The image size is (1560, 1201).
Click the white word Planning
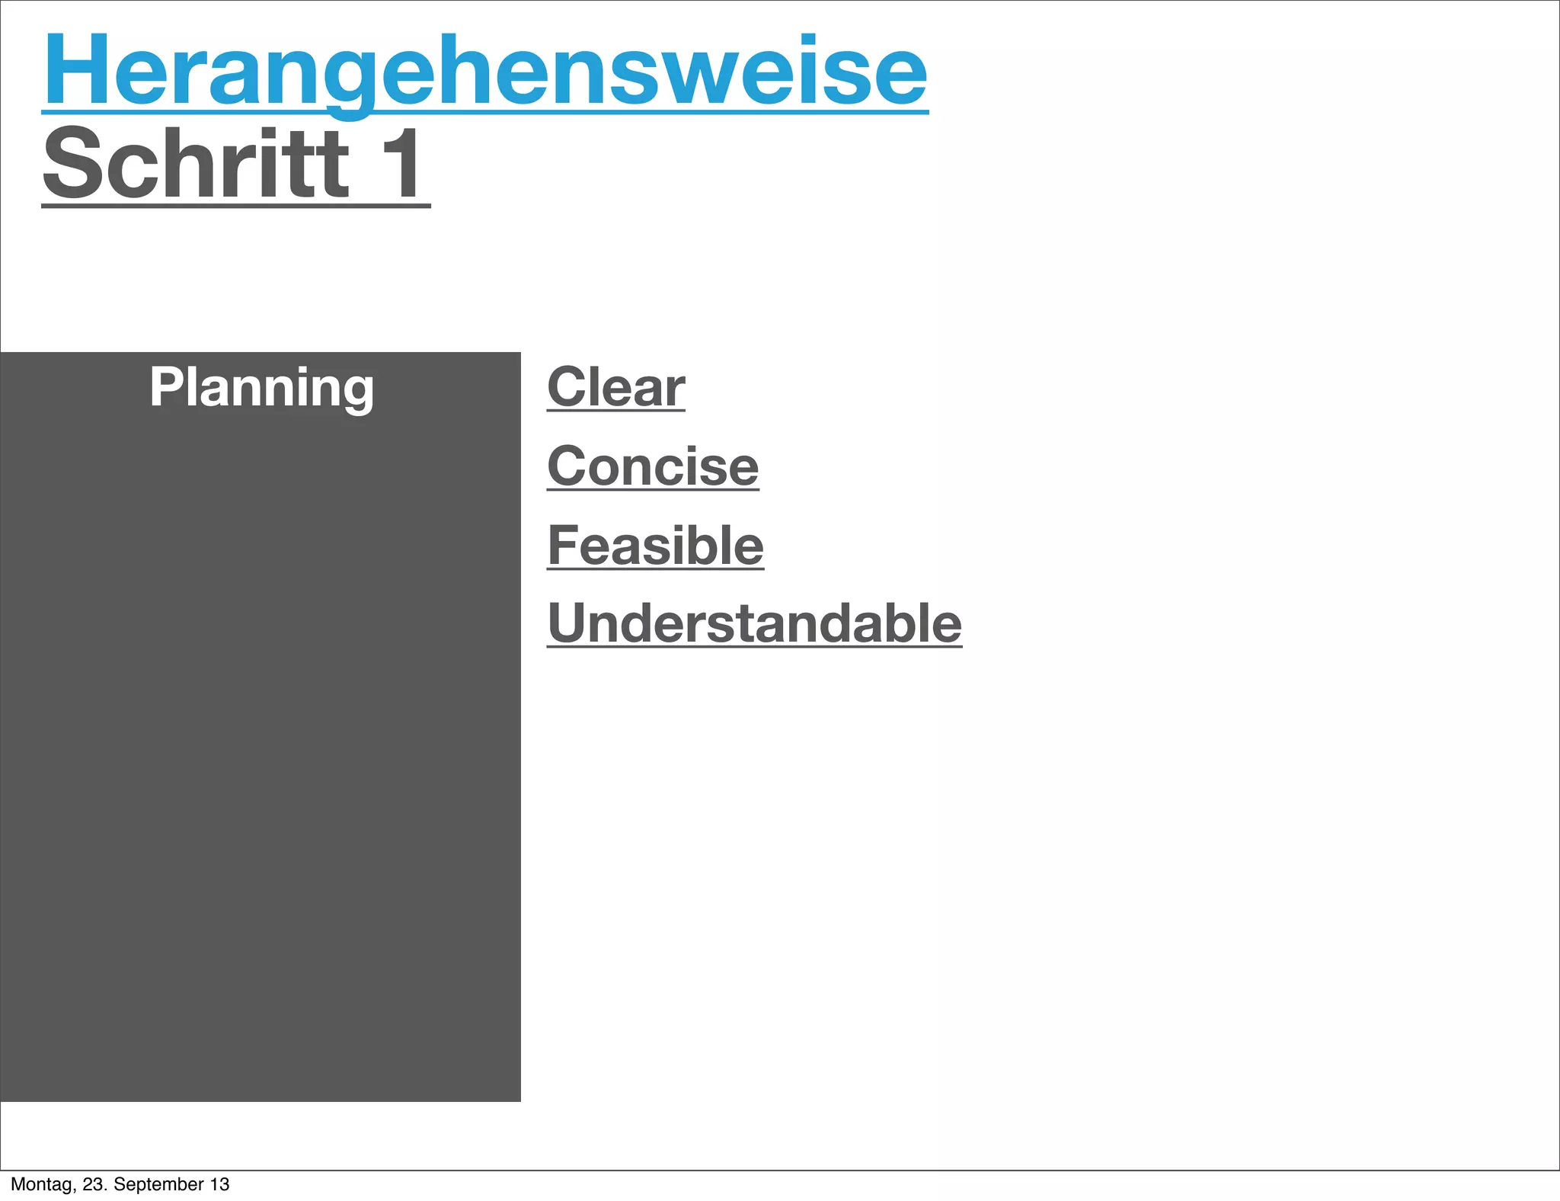click(x=261, y=388)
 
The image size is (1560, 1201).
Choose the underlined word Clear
click(x=615, y=387)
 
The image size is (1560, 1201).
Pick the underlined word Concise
click(x=653, y=466)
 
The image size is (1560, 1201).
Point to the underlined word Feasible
click(x=655, y=546)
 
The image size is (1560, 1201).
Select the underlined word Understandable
click(x=754, y=624)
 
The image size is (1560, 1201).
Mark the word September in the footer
click(x=158, y=1184)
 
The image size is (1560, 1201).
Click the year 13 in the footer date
click(x=219, y=1184)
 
